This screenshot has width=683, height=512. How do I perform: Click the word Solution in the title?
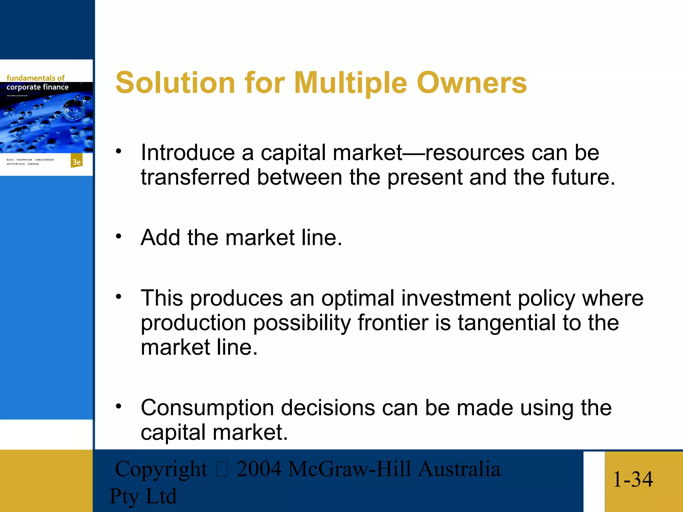click(x=175, y=83)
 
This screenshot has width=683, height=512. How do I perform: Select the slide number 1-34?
click(x=633, y=479)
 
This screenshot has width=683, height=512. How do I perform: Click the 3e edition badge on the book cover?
click(x=76, y=162)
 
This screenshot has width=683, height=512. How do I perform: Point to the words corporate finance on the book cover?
click(x=37, y=87)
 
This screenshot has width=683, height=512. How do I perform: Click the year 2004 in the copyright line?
click(x=258, y=469)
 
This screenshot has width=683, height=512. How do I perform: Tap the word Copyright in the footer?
click(x=161, y=469)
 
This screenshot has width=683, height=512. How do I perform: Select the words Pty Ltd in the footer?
click(x=143, y=496)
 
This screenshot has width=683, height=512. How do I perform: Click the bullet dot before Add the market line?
click(x=118, y=236)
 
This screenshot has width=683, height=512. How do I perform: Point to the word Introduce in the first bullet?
click(x=188, y=153)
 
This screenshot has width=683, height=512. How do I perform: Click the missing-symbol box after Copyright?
click(x=222, y=469)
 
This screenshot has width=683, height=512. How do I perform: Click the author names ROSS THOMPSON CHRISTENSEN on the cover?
click(x=30, y=160)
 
